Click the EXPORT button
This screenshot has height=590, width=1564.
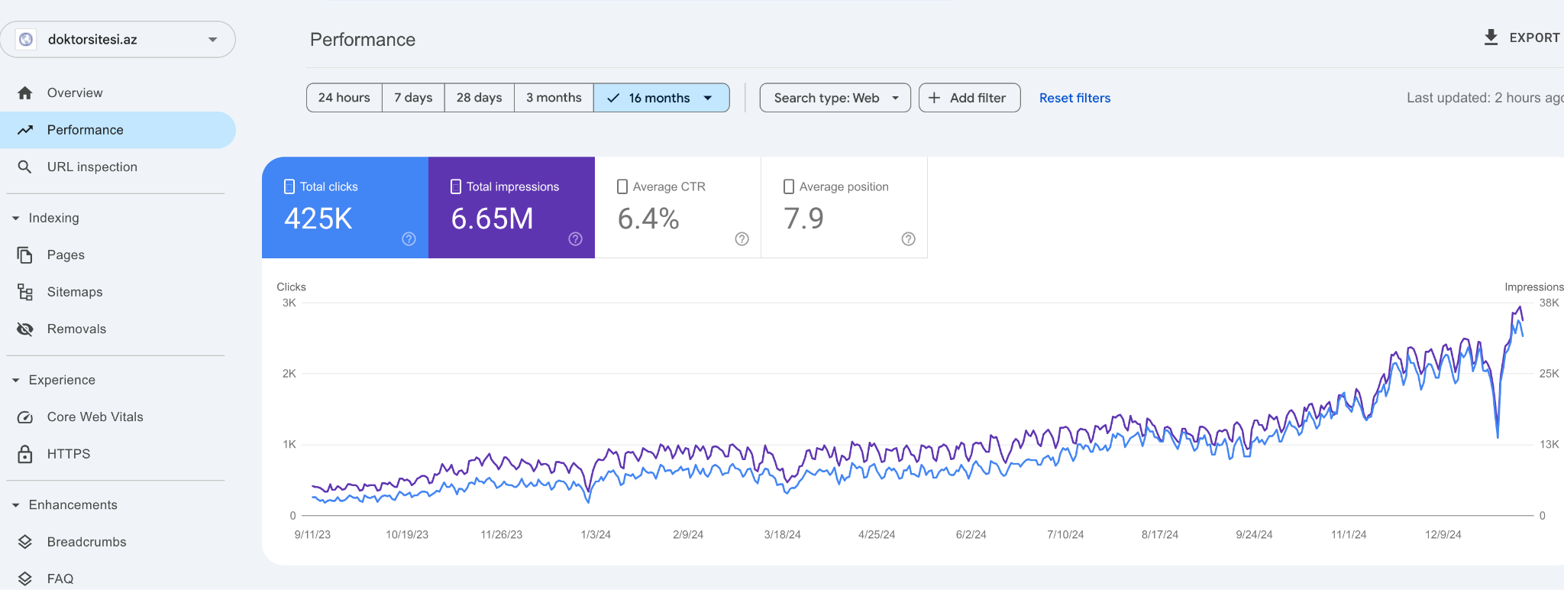coord(1522,37)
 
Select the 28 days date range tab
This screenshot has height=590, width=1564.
coord(479,98)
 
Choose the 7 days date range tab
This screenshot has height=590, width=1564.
coord(413,98)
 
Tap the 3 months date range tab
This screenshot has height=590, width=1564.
coord(554,98)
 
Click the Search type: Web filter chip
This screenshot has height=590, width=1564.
coord(835,98)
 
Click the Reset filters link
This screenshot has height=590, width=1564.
coord(1074,98)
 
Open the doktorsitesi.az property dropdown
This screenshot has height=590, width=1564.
coord(118,39)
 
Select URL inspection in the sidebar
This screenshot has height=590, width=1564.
coord(92,167)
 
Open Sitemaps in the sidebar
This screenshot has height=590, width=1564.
coord(74,292)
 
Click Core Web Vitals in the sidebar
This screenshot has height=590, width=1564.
coord(95,417)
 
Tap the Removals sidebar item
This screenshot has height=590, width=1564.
coord(76,329)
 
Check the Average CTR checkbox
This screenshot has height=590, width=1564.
coord(622,186)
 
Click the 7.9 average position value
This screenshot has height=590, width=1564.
coord(803,219)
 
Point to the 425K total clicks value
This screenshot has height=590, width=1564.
coord(318,219)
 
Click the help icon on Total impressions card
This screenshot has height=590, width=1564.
coord(576,239)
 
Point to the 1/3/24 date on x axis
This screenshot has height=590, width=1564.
coord(596,534)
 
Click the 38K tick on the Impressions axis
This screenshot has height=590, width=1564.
coord(1549,303)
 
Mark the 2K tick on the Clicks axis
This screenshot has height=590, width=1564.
coord(289,374)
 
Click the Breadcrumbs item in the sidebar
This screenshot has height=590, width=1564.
coord(86,542)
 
